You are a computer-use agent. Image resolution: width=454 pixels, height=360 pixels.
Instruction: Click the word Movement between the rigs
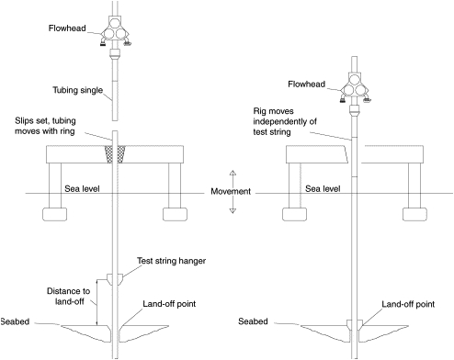(x=233, y=192)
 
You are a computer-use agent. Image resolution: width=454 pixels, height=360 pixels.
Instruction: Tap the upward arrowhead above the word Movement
(x=233, y=174)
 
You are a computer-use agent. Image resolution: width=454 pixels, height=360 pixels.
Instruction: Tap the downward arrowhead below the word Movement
(x=233, y=211)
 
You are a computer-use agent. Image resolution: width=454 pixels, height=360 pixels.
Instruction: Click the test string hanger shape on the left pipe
(x=113, y=278)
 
